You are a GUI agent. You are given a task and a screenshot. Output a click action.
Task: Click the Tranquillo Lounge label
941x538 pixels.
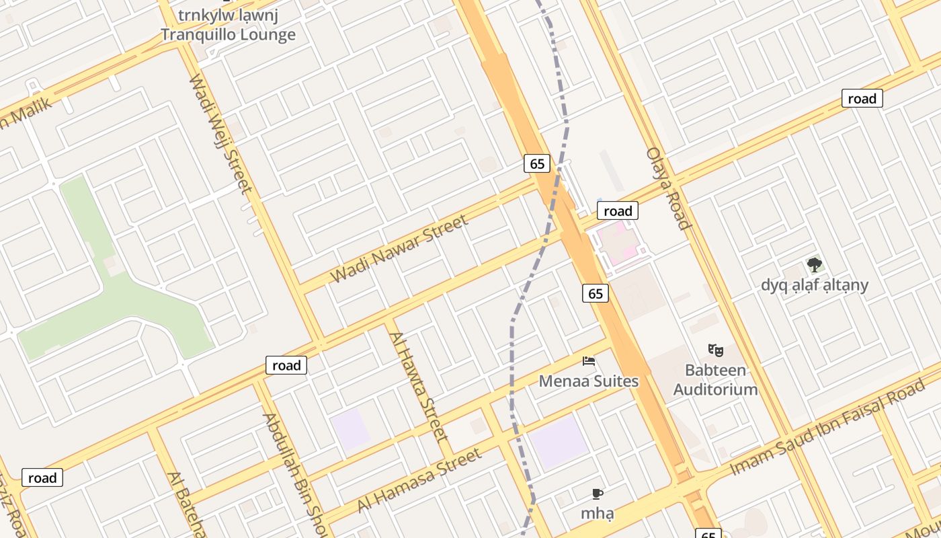tap(228, 35)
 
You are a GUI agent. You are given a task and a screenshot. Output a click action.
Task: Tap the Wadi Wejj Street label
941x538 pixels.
tap(220, 133)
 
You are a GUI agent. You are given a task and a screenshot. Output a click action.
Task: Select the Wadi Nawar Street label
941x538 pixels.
tap(399, 249)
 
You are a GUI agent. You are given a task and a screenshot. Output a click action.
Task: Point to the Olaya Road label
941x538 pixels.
tap(668, 188)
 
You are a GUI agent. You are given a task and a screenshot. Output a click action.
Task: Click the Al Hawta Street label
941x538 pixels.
tap(419, 386)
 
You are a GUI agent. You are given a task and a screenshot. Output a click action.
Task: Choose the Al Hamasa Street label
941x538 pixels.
tap(419, 480)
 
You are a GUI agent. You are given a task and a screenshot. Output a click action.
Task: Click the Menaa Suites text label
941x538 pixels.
tap(589, 381)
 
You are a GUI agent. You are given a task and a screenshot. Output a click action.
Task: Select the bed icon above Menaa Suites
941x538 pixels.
tap(589, 361)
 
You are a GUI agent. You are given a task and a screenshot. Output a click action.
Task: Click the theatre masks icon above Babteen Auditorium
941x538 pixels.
tap(715, 350)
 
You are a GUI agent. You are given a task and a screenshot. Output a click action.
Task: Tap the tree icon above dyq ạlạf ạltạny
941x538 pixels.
tap(814, 264)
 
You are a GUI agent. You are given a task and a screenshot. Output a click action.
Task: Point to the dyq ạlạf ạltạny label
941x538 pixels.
tap(815, 285)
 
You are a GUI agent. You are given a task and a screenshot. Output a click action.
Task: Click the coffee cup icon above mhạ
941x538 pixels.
tap(597, 494)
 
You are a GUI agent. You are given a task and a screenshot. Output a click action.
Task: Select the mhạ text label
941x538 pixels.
tap(597, 514)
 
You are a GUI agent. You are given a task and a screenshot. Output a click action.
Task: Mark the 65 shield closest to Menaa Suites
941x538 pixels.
tap(596, 293)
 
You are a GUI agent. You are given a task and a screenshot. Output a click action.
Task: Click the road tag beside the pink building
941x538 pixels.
tap(617, 211)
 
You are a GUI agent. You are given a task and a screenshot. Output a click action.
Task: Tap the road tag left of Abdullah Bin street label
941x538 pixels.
tap(286, 365)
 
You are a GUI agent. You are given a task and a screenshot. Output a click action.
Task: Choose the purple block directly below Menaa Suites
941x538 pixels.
tap(559, 442)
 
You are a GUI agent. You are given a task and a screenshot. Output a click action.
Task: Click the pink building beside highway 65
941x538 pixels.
tap(619, 243)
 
